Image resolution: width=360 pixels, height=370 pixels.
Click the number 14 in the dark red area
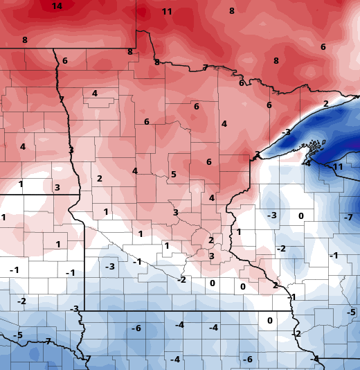(x=57, y=6)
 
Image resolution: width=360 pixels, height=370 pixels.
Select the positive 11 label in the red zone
(x=167, y=12)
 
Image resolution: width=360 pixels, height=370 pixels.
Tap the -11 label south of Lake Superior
(x=337, y=167)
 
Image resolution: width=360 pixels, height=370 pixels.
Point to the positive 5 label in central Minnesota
(x=174, y=174)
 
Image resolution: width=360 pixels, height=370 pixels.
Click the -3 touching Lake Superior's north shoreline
(x=285, y=132)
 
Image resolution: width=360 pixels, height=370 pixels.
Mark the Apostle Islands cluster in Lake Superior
(x=315, y=146)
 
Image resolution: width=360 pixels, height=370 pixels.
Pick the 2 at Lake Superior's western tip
(x=257, y=155)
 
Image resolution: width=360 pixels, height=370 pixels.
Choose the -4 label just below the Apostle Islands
(x=307, y=164)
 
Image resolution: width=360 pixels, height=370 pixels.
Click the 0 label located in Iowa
(x=270, y=320)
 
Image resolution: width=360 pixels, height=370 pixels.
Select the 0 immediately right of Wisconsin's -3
(x=301, y=215)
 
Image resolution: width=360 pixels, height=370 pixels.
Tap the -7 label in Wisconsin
(x=348, y=218)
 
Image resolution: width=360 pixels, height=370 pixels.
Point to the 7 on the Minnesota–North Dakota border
(x=62, y=99)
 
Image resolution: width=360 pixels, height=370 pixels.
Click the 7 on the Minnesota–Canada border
(x=205, y=67)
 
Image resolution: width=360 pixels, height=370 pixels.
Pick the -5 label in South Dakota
(x=18, y=335)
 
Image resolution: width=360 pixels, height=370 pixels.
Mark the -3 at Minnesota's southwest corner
(x=75, y=308)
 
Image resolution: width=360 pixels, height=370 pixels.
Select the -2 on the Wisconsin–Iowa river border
(x=296, y=333)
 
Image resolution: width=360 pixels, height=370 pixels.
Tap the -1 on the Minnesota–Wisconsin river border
(x=291, y=297)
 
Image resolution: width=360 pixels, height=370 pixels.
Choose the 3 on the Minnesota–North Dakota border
(x=71, y=150)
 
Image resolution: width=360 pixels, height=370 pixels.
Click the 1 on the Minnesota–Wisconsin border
(x=239, y=231)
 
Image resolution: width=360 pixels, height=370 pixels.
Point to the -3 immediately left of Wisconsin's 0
(x=272, y=215)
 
